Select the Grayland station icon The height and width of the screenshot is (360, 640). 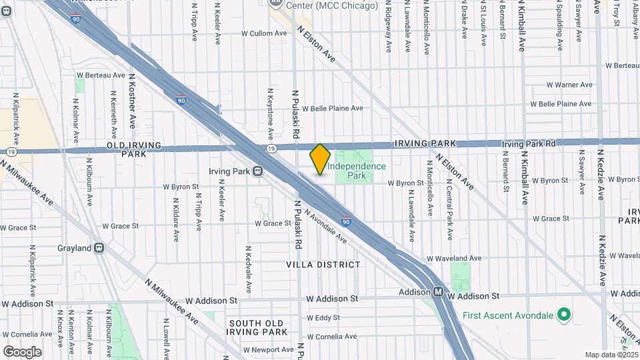[x=99, y=248]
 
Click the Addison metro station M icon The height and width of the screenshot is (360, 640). [x=439, y=292]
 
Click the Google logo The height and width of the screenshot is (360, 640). [x=22, y=351]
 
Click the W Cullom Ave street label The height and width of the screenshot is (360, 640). [x=263, y=33]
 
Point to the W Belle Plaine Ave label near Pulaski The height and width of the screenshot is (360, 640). [x=332, y=108]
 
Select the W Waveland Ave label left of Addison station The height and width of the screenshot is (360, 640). [x=453, y=258]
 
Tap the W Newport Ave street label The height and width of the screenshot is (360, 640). [x=268, y=349]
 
